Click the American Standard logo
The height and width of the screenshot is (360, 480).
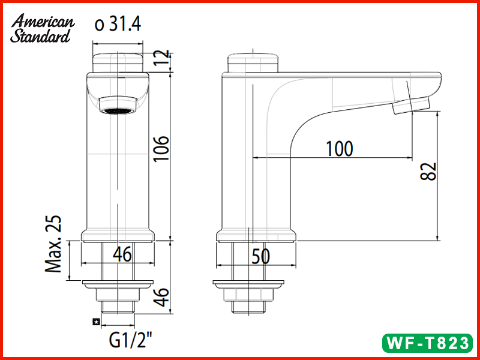(42, 29)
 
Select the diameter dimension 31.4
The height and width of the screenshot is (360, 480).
(118, 25)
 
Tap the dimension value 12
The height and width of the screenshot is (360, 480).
(159, 59)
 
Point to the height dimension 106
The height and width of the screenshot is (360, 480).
(161, 149)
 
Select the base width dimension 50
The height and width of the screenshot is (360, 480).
(260, 256)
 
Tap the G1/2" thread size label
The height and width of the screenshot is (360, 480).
(130, 342)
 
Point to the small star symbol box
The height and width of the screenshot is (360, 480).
(95, 322)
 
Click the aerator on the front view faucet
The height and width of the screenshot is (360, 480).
(118, 110)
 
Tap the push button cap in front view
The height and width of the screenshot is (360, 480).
(118, 62)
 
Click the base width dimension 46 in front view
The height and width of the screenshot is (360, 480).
(122, 255)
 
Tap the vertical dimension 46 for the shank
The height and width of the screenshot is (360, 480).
(160, 296)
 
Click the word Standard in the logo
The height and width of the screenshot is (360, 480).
(40, 37)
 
